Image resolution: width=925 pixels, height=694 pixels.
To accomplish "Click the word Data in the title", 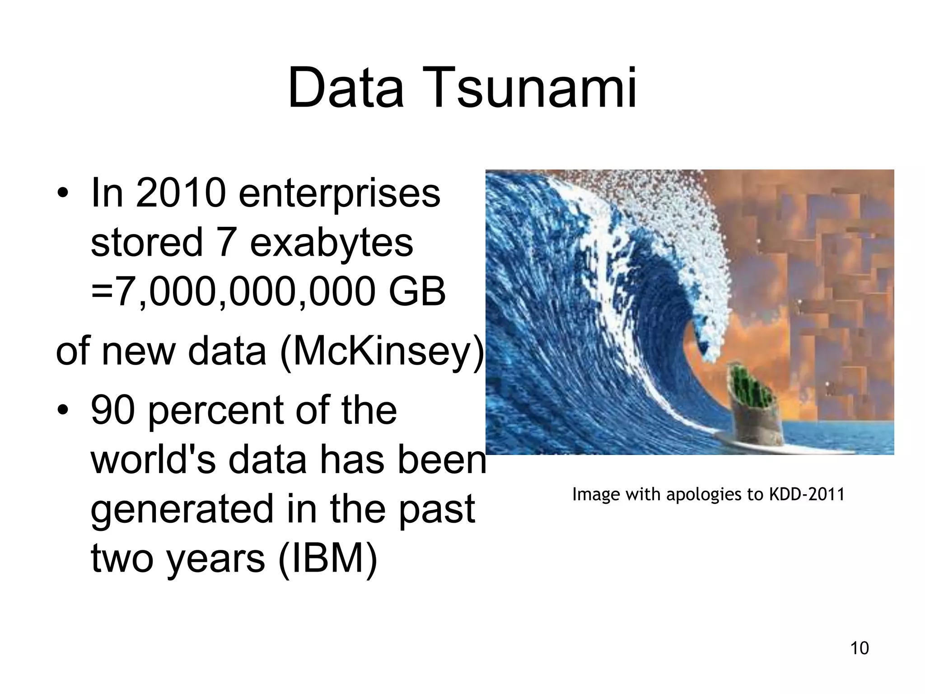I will pos(346,88).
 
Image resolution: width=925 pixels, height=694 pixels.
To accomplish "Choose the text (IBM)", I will pos(327,559).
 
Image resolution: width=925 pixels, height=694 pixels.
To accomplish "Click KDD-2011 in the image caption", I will pos(807,494).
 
